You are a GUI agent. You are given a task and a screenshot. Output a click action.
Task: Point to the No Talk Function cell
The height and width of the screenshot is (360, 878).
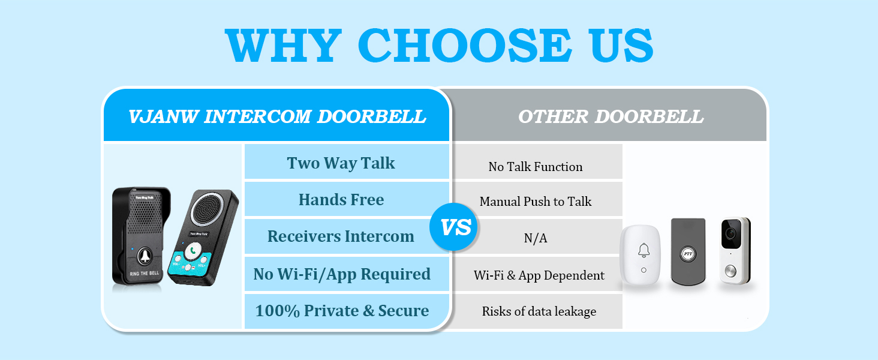(x=536, y=167)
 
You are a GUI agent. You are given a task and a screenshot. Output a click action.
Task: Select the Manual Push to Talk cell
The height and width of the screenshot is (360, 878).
(x=536, y=202)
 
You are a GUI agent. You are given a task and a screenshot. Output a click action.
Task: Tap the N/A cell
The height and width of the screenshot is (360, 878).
(x=536, y=238)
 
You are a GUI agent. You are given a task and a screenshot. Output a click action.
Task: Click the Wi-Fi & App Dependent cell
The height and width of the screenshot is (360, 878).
(x=538, y=275)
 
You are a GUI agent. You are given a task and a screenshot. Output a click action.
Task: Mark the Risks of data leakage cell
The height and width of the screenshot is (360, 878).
(x=538, y=311)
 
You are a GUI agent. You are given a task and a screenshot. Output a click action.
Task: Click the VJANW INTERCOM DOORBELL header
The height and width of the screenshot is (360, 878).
(x=277, y=116)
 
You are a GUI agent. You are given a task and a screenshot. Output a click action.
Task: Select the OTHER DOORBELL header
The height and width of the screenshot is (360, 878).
(x=611, y=116)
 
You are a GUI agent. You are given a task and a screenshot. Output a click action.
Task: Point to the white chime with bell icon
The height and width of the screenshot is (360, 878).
(x=644, y=252)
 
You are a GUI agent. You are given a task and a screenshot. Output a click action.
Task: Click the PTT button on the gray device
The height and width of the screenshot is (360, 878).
(x=688, y=254)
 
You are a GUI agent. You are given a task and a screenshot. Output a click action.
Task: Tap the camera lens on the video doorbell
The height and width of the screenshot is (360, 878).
(x=730, y=232)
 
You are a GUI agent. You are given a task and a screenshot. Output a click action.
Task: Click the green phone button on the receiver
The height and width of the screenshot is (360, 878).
(x=193, y=251)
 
